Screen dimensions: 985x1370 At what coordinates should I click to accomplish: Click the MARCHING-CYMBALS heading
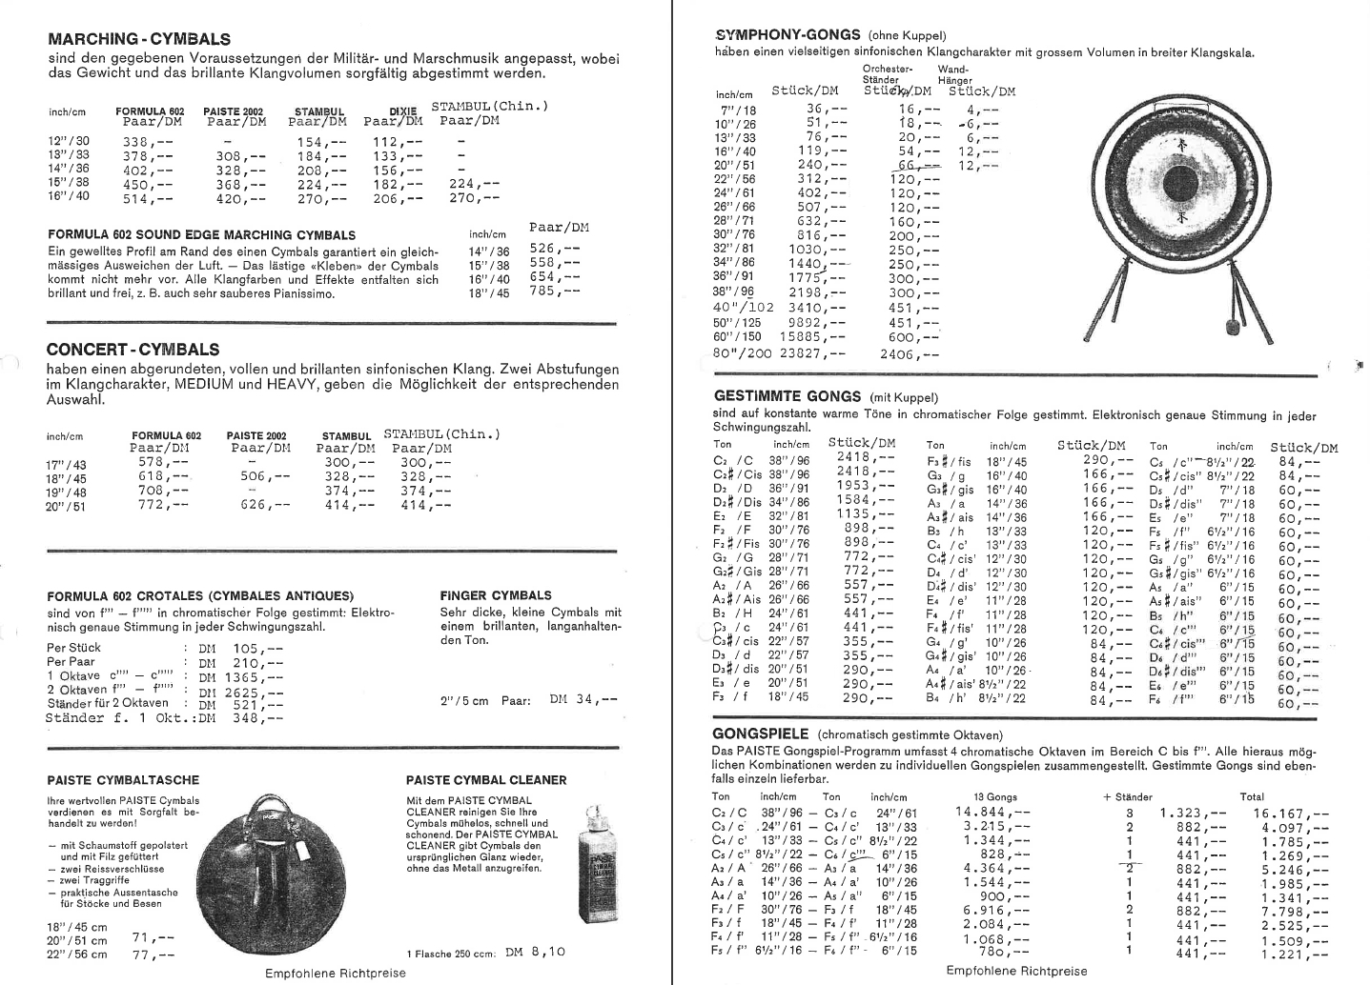pos(138,39)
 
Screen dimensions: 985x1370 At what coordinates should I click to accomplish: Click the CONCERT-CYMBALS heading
pos(133,350)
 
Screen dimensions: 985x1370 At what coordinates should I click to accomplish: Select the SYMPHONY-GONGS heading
pos(787,34)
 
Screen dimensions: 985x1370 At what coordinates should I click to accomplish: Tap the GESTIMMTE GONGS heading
pos(787,396)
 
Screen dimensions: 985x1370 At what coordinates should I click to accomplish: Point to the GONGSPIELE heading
pos(761,734)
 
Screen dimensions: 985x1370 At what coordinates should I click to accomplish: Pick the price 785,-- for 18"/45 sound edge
pos(554,292)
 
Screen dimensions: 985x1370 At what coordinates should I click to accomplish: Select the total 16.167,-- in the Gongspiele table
pos(1292,814)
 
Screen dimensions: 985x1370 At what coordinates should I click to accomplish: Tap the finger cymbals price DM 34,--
pos(583,700)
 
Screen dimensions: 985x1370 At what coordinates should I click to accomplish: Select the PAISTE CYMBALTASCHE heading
pos(110,779)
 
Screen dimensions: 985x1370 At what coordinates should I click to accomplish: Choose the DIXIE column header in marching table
pos(405,111)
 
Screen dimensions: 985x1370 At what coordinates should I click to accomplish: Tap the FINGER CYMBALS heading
pos(496,595)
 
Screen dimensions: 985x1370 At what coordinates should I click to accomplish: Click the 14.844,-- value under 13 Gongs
pos(992,812)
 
